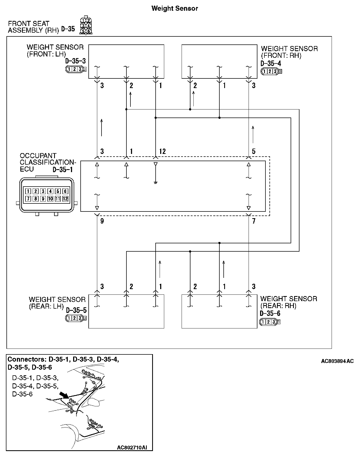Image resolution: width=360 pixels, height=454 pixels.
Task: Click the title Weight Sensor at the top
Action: [x=175, y=8]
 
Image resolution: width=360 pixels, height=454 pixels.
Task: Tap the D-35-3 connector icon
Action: [x=76, y=69]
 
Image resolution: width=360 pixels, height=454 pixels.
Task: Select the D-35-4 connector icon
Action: [x=271, y=71]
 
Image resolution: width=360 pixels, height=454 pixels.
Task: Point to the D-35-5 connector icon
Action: [x=76, y=318]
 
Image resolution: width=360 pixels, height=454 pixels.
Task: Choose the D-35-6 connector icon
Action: [x=270, y=322]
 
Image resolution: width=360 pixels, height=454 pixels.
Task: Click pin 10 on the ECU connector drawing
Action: [x=50, y=199]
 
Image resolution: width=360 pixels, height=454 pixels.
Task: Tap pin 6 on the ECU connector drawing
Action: [x=65, y=191]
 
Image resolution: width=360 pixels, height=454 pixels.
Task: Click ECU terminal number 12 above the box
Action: [x=162, y=152]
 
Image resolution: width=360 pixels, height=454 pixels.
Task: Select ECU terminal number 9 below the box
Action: [x=102, y=221]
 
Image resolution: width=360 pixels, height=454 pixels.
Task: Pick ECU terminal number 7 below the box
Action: [x=254, y=221]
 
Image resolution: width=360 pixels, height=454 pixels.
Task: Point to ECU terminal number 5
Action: [x=254, y=152]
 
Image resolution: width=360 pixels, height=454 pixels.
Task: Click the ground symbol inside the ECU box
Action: [x=155, y=183]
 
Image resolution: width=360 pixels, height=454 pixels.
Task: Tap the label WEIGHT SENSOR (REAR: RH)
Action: [x=288, y=302]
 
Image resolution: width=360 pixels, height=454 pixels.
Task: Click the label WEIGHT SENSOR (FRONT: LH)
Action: [x=55, y=51]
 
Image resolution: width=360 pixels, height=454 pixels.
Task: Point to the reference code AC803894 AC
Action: [x=337, y=361]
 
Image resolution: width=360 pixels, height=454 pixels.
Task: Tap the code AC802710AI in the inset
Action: [x=132, y=447]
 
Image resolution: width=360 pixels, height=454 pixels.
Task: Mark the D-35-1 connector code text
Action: [x=62, y=170]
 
